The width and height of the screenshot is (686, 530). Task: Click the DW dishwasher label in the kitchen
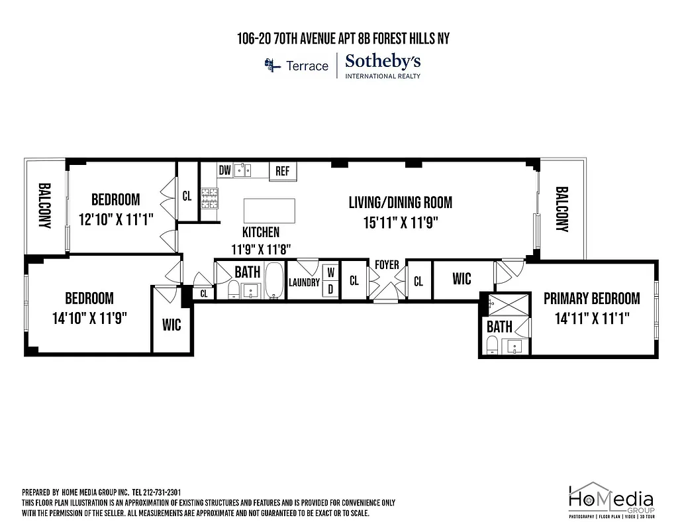click(x=225, y=171)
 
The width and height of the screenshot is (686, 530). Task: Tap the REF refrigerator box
click(x=283, y=171)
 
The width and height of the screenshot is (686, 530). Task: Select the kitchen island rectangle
click(x=270, y=211)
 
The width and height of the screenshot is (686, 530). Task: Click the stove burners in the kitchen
click(x=210, y=195)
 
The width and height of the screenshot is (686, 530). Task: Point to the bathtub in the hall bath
click(x=274, y=282)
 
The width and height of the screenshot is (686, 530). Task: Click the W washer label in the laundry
click(x=330, y=272)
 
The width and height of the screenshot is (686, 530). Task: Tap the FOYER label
click(x=387, y=265)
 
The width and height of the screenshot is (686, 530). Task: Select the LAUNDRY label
click(x=304, y=283)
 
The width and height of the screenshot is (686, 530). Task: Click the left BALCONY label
click(x=45, y=206)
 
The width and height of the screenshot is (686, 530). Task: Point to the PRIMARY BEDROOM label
click(x=591, y=299)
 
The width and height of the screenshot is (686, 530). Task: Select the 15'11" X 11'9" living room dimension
click(x=400, y=222)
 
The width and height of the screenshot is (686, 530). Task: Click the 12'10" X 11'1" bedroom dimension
click(x=116, y=220)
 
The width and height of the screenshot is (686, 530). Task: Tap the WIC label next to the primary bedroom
click(x=462, y=279)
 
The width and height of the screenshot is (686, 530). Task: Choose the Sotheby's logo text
click(x=383, y=62)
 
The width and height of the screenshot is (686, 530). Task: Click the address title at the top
click(x=343, y=39)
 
